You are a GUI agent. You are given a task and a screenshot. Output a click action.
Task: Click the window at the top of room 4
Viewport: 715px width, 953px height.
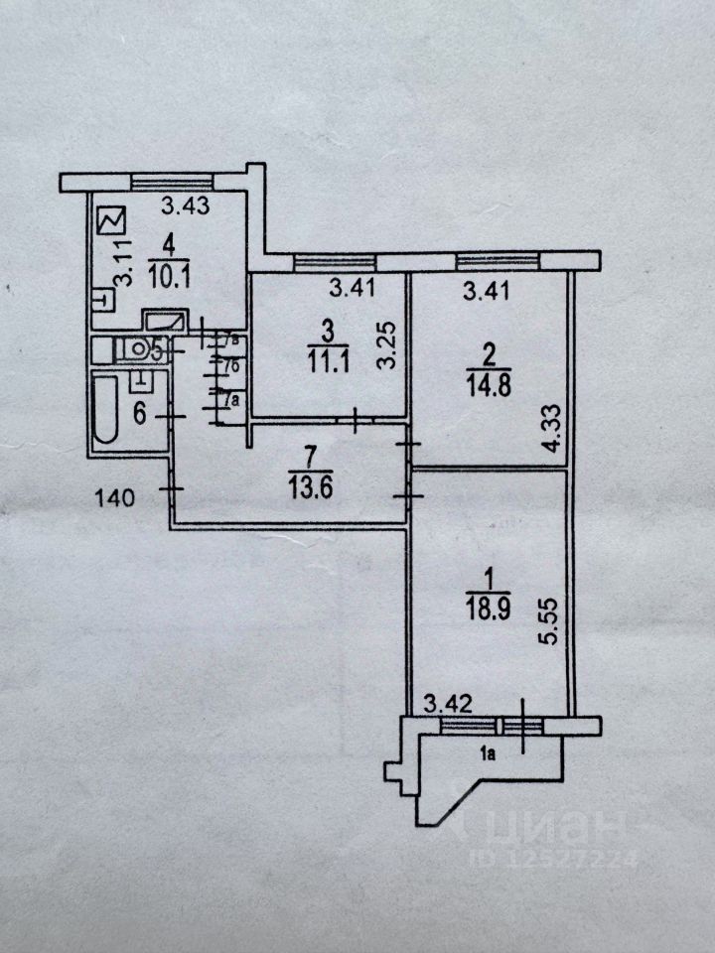coord(173,182)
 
